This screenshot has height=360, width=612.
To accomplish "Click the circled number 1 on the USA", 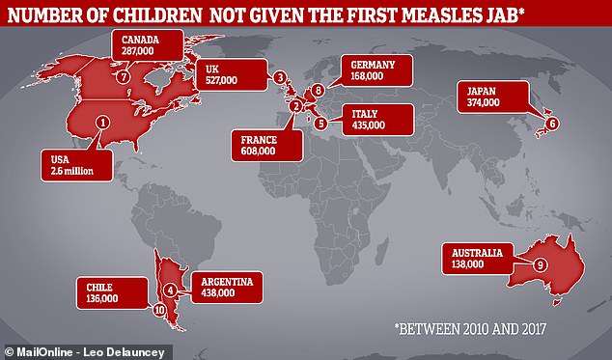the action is click(x=102, y=123).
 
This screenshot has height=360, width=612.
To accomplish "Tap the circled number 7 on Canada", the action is click(x=123, y=77).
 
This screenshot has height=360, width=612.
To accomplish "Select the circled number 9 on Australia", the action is click(x=540, y=265).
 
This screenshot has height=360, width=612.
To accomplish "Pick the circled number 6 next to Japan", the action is click(x=552, y=124).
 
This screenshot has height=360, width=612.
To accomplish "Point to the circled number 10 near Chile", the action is click(x=159, y=311).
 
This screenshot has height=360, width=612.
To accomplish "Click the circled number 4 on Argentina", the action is click(x=170, y=291).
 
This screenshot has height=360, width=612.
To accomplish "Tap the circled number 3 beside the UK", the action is click(x=280, y=78).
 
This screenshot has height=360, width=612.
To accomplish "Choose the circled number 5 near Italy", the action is click(x=320, y=124).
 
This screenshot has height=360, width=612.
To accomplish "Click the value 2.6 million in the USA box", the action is click(x=71, y=171).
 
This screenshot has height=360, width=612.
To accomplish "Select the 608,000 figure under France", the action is click(x=258, y=152).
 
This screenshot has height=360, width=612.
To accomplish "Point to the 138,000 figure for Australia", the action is click(x=467, y=263).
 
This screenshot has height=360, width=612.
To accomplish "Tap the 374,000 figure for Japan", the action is click(x=484, y=102).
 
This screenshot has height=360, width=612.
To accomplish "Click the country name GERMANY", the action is click(x=373, y=65).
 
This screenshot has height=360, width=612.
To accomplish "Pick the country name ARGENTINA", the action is click(x=227, y=282).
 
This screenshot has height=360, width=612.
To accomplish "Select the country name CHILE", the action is click(x=99, y=288).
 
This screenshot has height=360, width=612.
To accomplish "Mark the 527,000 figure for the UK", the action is click(x=221, y=80).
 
